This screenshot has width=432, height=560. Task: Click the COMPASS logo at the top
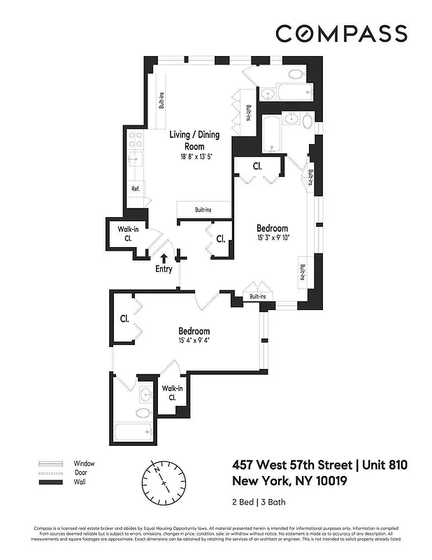pyautogui.click(x=340, y=34)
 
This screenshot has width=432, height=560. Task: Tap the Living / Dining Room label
pyautogui.click(x=194, y=141)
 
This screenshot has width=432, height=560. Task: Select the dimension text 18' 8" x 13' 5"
pyautogui.click(x=194, y=157)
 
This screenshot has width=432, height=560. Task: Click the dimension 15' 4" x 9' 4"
pyautogui.click(x=194, y=341)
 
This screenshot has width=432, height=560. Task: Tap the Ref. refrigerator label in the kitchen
pyautogui.click(x=136, y=189)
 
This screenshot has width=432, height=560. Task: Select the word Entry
pyautogui.click(x=164, y=269)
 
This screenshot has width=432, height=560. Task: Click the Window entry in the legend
pyautogui.click(x=84, y=463)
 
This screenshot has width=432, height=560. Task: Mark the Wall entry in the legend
pyautogui.click(x=79, y=483)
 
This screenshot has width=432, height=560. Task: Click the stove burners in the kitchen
pyautogui.click(x=136, y=139)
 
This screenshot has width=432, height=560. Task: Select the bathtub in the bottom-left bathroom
pyautogui.click(x=133, y=432)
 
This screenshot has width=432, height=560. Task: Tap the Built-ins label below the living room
pyautogui.click(x=194, y=209)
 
